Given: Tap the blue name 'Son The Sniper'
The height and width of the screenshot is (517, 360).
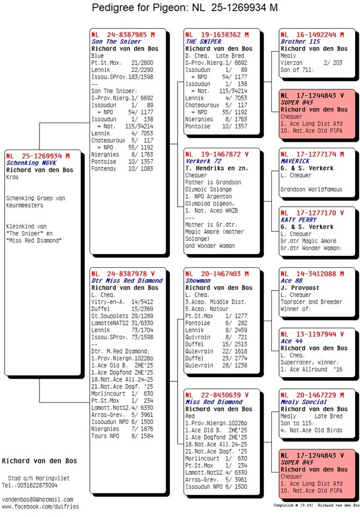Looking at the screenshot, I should click(116, 42).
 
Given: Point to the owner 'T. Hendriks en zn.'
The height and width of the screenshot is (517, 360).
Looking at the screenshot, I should click(215, 169).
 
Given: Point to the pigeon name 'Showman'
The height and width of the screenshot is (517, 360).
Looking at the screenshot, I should click(199, 280).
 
